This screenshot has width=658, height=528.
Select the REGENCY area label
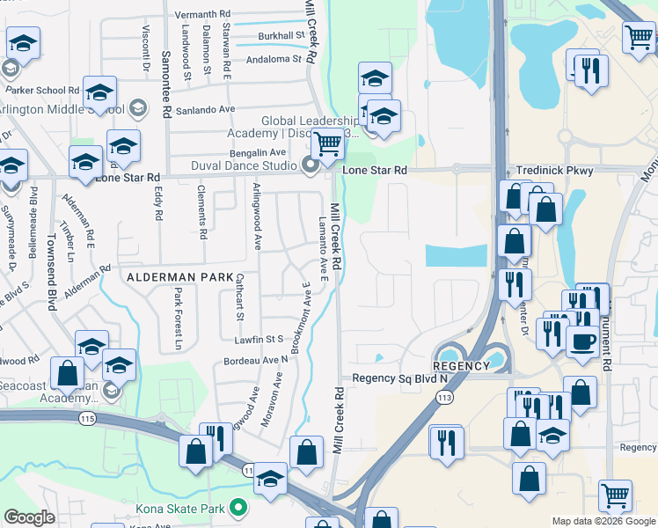[461, 366]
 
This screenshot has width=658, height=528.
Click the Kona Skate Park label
[182, 508]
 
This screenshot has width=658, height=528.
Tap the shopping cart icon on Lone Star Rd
[328, 143]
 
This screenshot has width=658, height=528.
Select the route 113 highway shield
[442, 398]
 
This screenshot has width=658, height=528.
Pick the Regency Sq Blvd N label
[400, 378]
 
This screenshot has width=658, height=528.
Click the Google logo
[29, 517]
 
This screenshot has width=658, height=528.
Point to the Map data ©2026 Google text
[603, 521]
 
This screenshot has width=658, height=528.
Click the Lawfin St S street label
[256, 338]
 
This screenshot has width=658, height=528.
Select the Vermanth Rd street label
[202, 15]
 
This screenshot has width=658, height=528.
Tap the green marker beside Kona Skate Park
[237, 508]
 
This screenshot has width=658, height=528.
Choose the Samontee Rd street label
[165, 84]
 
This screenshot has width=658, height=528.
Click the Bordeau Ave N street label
[256, 360]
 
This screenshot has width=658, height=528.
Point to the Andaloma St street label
[273, 60]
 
